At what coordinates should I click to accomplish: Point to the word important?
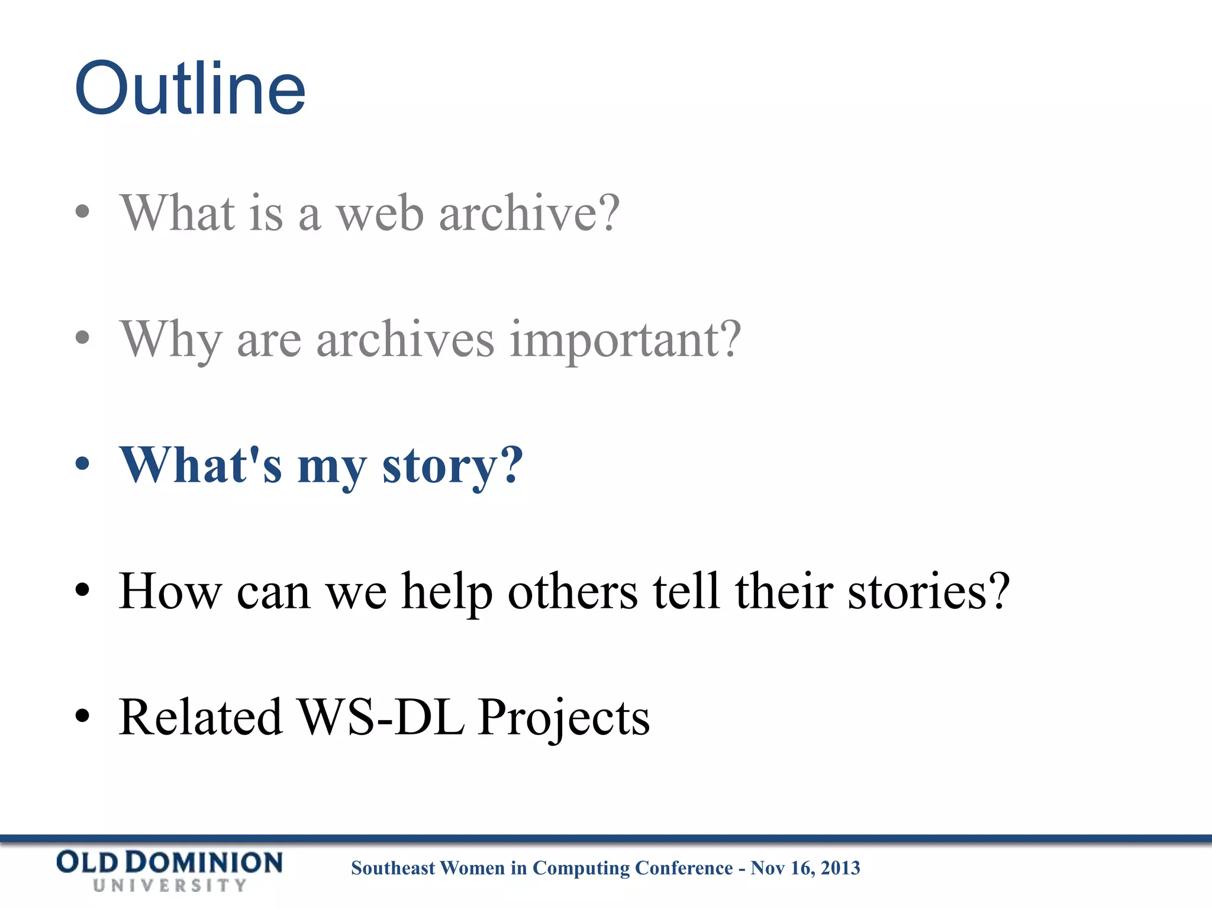(625, 341)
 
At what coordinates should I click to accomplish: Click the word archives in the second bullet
(405, 340)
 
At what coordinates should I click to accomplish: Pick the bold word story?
(453, 466)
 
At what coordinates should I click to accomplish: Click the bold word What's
(201, 465)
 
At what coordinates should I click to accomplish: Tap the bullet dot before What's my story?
(83, 464)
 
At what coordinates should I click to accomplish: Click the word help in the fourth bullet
(447, 593)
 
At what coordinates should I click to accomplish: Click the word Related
(201, 717)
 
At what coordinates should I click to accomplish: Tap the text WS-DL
(380, 717)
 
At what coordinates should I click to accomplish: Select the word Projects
(563, 718)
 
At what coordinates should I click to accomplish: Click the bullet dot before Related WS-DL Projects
(83, 716)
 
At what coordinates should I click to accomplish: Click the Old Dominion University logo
(169, 871)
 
